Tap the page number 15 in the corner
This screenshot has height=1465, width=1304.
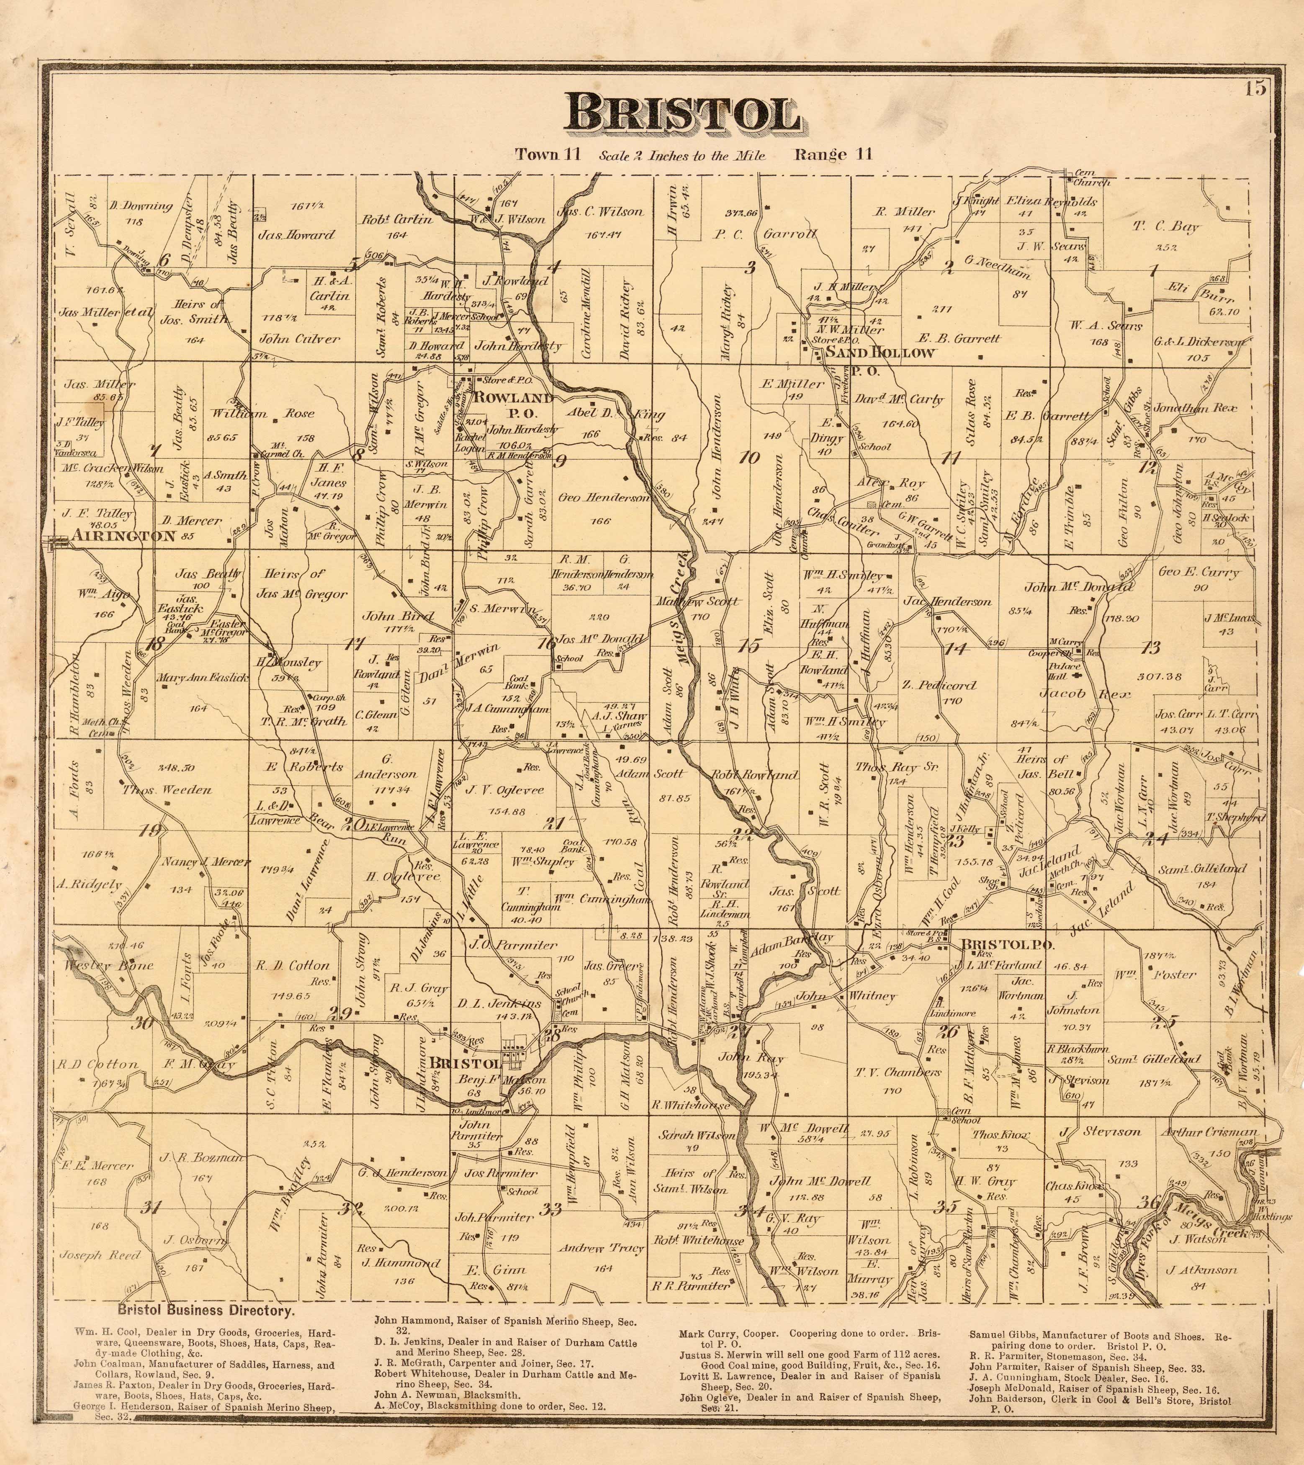point(1255,89)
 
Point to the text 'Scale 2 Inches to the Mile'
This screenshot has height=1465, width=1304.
point(682,156)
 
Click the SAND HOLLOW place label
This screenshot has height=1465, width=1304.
point(880,352)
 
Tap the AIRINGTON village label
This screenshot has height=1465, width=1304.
point(123,535)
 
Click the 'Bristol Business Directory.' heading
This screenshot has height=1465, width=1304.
point(206,1311)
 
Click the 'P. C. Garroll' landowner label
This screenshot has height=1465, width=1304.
point(765,234)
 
